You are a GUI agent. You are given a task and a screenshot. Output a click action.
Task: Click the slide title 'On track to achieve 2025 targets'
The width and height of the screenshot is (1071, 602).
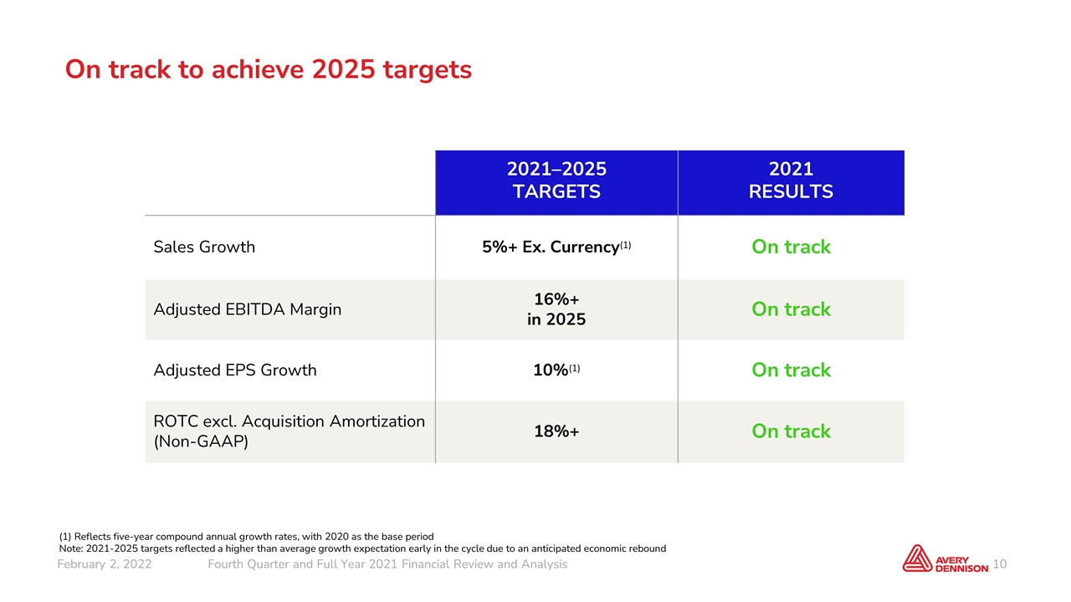(x=269, y=69)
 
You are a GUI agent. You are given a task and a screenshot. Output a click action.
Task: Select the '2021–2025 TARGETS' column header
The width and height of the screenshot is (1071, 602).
(x=556, y=180)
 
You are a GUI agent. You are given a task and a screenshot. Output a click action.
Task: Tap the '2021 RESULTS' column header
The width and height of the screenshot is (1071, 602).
(x=791, y=180)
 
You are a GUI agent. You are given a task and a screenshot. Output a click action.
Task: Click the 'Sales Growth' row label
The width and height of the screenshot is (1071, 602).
(x=204, y=247)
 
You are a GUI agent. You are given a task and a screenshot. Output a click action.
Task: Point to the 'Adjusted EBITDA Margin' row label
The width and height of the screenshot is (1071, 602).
(x=247, y=309)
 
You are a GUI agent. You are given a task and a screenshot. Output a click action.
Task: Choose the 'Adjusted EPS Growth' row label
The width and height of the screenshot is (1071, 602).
(x=235, y=370)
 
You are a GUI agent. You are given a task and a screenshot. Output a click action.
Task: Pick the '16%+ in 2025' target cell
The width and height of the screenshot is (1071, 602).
(x=556, y=309)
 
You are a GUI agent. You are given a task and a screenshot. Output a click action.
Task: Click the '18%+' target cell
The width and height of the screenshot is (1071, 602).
(x=556, y=431)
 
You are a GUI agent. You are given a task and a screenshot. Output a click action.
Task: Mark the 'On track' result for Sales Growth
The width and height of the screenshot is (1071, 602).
(x=791, y=247)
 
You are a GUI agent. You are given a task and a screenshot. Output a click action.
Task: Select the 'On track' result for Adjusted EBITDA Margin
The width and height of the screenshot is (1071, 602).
(x=791, y=309)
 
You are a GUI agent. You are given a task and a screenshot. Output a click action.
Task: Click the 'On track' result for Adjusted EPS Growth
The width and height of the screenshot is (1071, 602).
(x=791, y=370)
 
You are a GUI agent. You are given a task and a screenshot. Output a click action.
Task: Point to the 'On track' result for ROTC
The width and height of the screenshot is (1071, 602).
(x=791, y=431)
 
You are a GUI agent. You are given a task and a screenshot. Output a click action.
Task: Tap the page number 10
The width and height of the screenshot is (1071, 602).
(x=1000, y=564)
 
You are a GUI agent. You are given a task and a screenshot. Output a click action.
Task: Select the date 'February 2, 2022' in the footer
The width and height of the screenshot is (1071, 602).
(x=105, y=564)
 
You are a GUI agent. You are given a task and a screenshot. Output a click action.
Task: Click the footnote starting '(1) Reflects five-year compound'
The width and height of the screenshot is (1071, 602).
(x=246, y=537)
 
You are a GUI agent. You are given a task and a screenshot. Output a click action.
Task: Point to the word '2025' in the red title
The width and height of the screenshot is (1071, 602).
(x=343, y=69)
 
